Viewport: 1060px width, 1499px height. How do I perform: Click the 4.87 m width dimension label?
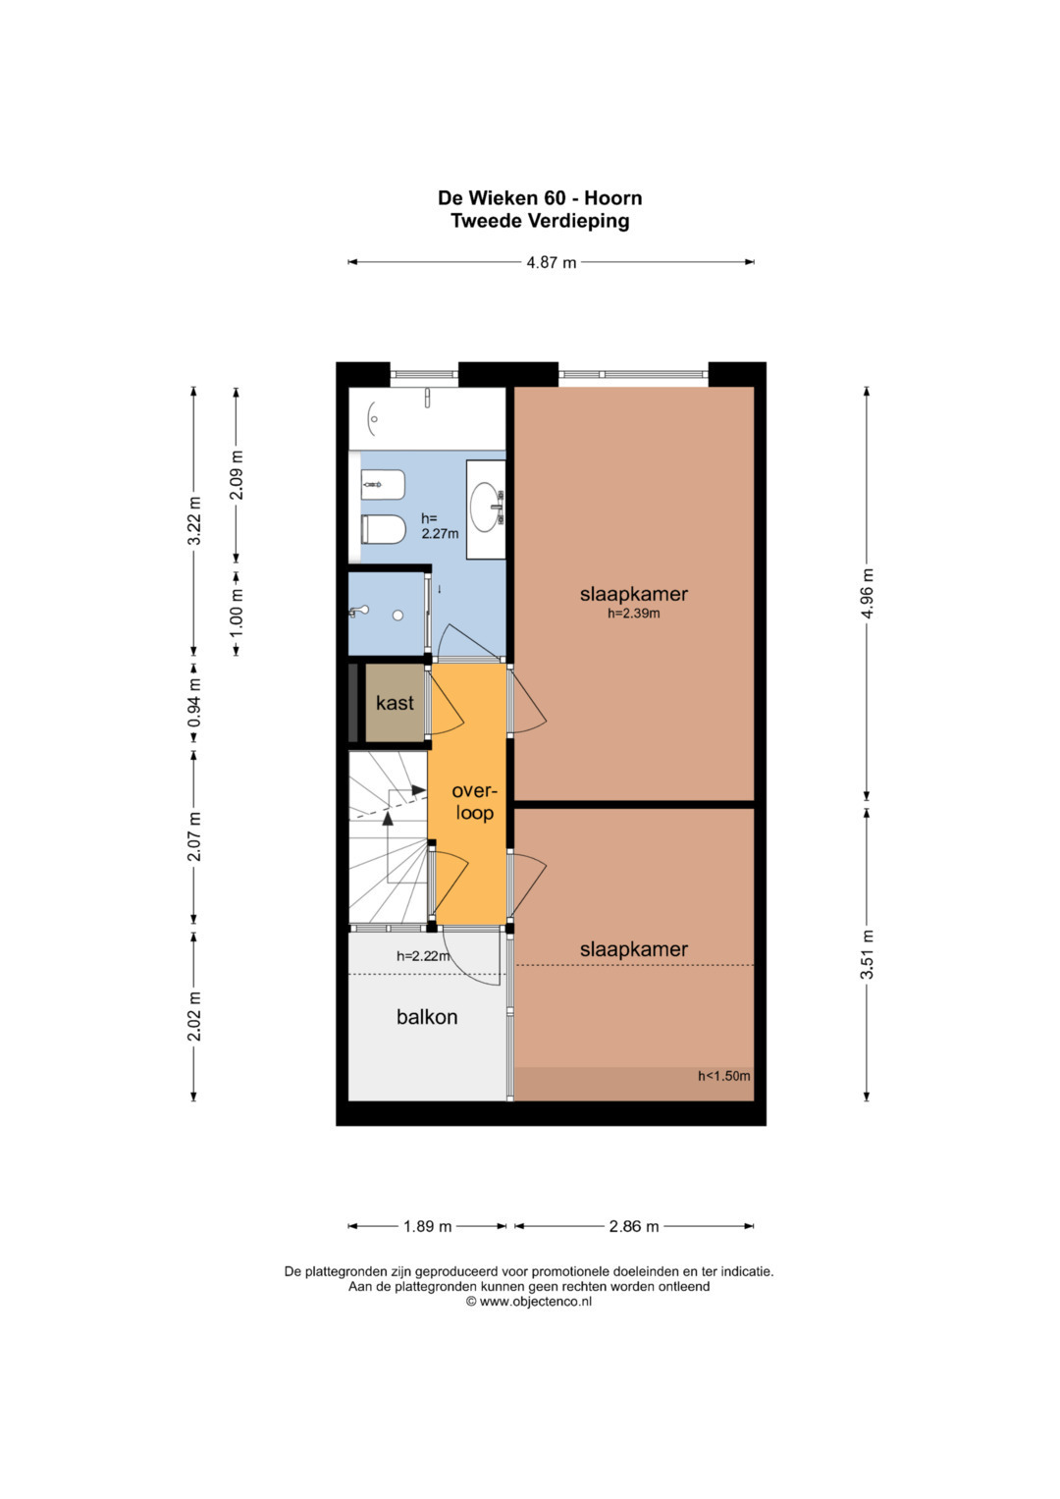click(x=551, y=262)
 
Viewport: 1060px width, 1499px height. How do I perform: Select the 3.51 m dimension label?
click(x=868, y=954)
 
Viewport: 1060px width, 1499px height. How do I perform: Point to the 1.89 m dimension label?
click(x=427, y=1227)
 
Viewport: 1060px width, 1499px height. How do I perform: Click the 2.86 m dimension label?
click(x=634, y=1227)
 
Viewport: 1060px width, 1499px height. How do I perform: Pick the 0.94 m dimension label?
click(x=194, y=703)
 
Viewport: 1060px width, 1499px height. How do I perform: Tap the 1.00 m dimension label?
click(x=237, y=613)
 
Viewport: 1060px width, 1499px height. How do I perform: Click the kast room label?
click(x=395, y=703)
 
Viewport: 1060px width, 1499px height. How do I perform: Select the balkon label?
click(x=427, y=1016)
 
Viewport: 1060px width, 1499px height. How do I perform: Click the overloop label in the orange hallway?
click(x=474, y=802)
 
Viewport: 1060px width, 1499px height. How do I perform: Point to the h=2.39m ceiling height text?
click(x=634, y=613)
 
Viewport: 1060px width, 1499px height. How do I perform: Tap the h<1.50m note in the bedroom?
click(x=724, y=1076)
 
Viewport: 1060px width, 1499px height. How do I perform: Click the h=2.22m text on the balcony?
click(x=423, y=956)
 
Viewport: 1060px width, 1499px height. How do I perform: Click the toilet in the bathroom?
click(x=384, y=530)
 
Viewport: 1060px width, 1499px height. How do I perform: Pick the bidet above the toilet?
click(x=384, y=484)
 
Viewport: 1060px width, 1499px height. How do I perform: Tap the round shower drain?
click(x=398, y=615)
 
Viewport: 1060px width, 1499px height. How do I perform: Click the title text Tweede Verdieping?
click(x=540, y=221)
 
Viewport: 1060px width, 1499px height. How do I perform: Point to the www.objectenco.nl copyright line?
click(x=529, y=1302)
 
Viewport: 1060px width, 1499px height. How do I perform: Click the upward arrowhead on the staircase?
click(x=388, y=819)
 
